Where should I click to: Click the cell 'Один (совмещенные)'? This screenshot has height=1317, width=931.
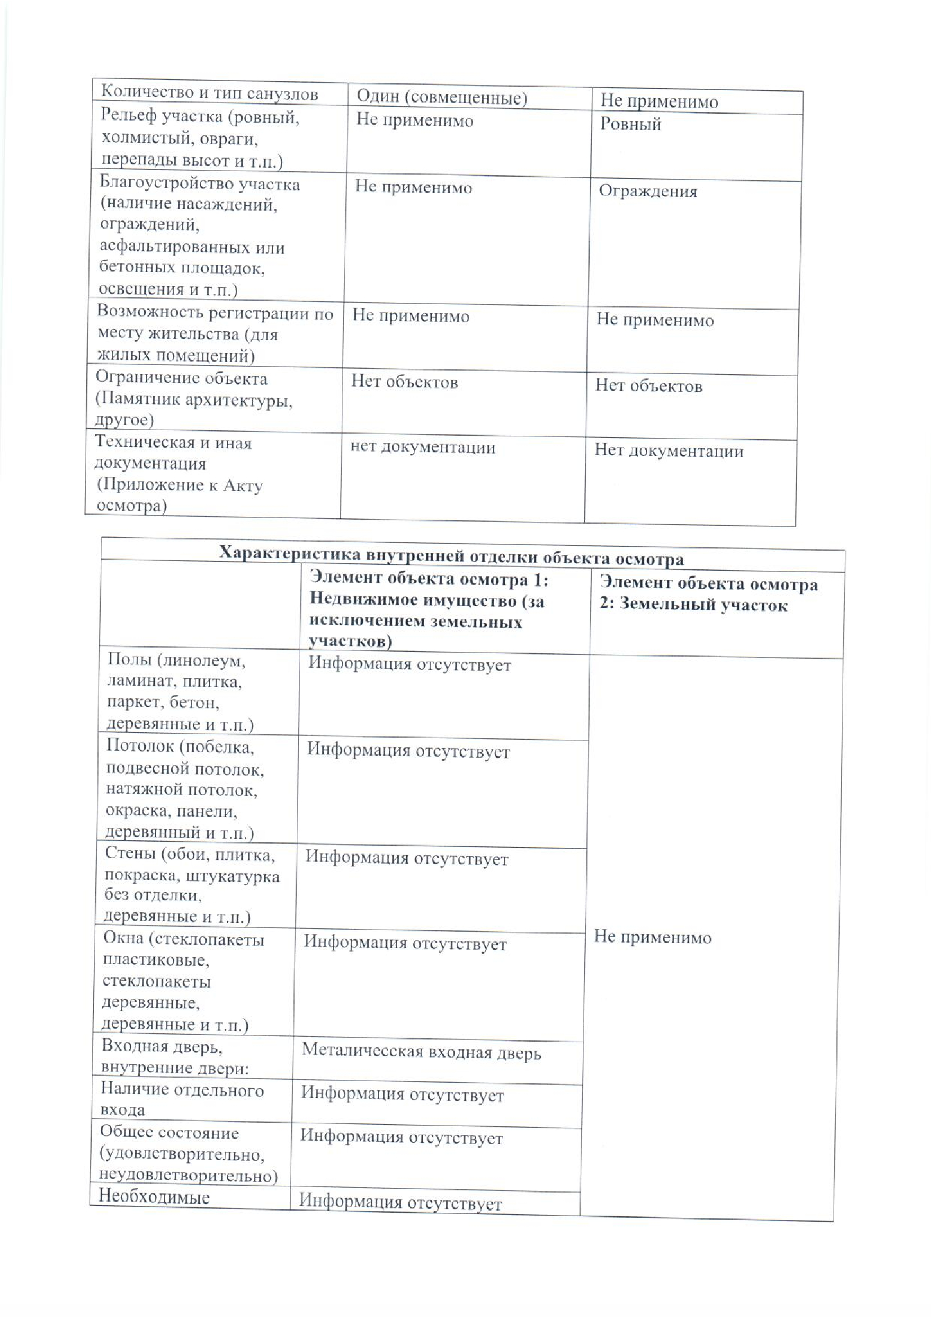pyautogui.click(x=441, y=97)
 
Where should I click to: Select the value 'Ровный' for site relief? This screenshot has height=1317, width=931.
pyautogui.click(x=630, y=124)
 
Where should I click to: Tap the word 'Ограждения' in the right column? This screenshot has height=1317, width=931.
pyautogui.click(x=648, y=191)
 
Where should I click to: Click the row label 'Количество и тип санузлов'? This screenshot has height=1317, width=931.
pyautogui.click(x=210, y=93)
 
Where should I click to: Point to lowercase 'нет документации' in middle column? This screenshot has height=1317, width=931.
pyautogui.click(x=422, y=447)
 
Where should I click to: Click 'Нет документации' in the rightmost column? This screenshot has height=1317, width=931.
pyautogui.click(x=669, y=451)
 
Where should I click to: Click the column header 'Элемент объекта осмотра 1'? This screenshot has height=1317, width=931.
pyautogui.click(x=429, y=580)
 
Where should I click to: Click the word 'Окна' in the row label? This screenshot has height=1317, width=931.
pyautogui.click(x=122, y=939)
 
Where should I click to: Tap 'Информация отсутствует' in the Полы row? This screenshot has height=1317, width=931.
pyautogui.click(x=409, y=665)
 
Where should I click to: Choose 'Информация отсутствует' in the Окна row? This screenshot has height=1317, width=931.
pyautogui.click(x=405, y=944)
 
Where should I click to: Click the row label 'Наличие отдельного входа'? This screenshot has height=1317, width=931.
pyautogui.click(x=181, y=1099)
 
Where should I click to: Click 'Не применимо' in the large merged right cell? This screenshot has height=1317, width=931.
pyautogui.click(x=652, y=938)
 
